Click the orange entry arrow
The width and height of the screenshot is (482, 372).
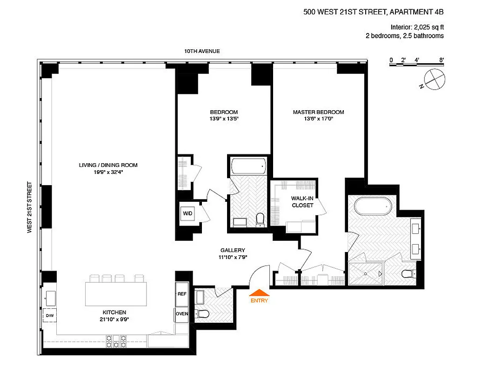pyautogui.click(x=260, y=293)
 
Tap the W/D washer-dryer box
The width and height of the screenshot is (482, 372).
pyautogui.click(x=187, y=214)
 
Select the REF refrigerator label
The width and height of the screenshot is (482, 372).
pyautogui.click(x=182, y=294)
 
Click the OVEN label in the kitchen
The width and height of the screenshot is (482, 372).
pyautogui.click(x=182, y=313)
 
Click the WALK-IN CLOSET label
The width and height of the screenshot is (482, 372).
pyautogui.click(x=302, y=202)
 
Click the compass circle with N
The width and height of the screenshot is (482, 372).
pyautogui.click(x=433, y=78)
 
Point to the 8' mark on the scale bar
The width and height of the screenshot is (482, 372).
pyautogui.click(x=441, y=60)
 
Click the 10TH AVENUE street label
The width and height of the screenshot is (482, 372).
pyautogui.click(x=202, y=51)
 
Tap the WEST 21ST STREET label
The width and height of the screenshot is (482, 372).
pyautogui.click(x=30, y=207)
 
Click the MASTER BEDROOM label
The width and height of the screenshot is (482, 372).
pyautogui.click(x=318, y=112)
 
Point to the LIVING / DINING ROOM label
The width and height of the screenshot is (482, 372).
pyautogui.click(x=108, y=165)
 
